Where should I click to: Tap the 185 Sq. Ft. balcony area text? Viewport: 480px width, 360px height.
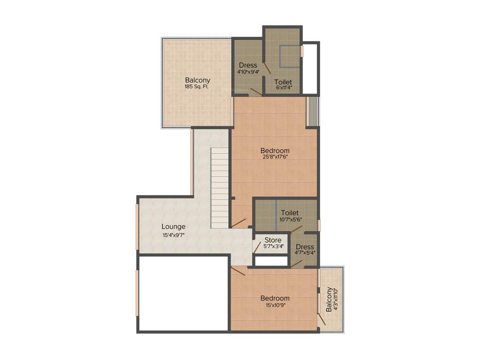click(197, 87)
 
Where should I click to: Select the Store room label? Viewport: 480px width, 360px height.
click(273, 240)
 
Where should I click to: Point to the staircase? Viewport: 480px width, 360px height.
click(219, 187)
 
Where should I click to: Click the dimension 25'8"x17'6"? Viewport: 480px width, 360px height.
click(275, 157)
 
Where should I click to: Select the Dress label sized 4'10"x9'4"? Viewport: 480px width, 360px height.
click(248, 65)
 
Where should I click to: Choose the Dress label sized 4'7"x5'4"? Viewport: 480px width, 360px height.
click(305, 247)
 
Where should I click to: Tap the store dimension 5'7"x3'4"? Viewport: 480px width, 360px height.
click(273, 247)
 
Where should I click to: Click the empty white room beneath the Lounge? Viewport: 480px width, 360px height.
click(183, 293)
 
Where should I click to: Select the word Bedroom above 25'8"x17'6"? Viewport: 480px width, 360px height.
click(275, 150)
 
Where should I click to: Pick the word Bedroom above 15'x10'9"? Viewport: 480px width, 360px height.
click(275, 298)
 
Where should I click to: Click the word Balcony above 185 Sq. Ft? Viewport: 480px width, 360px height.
click(197, 80)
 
